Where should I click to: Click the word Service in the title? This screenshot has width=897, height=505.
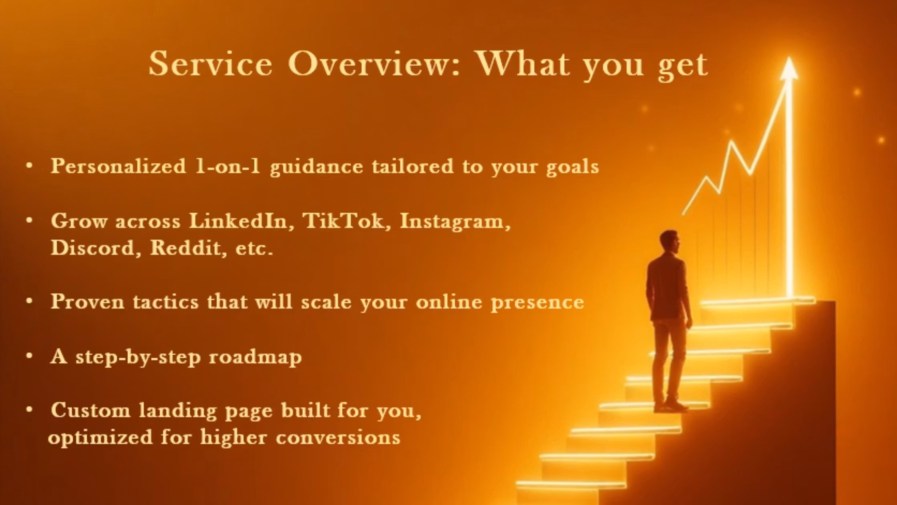coord(211,64)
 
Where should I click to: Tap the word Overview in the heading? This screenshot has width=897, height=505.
coord(373,64)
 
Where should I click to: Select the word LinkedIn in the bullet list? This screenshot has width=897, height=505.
coord(239,220)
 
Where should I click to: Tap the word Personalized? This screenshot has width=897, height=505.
coord(119,166)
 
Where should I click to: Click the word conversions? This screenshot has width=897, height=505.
coord(338,437)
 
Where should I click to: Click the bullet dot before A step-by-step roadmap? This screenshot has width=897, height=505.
coord(29,356)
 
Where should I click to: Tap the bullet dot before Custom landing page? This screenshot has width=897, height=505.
coord(29,410)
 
